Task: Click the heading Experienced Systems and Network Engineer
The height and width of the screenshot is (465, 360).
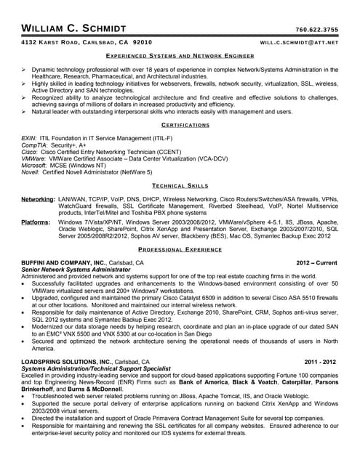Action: tap(180, 55)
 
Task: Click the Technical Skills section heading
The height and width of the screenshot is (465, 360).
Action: tap(180, 187)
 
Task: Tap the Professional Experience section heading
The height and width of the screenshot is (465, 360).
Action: tap(180, 249)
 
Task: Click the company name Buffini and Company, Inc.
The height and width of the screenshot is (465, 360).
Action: tap(64, 262)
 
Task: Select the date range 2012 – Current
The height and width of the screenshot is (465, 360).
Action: tap(316, 262)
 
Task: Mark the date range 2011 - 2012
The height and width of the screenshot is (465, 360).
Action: tap(321, 361)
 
